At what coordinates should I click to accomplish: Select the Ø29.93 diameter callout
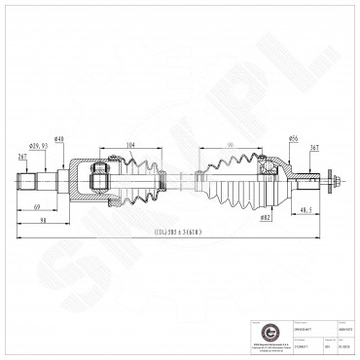tap(40, 146)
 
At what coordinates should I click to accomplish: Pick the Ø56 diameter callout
tap(294, 138)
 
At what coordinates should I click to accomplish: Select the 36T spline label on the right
tap(314, 147)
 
